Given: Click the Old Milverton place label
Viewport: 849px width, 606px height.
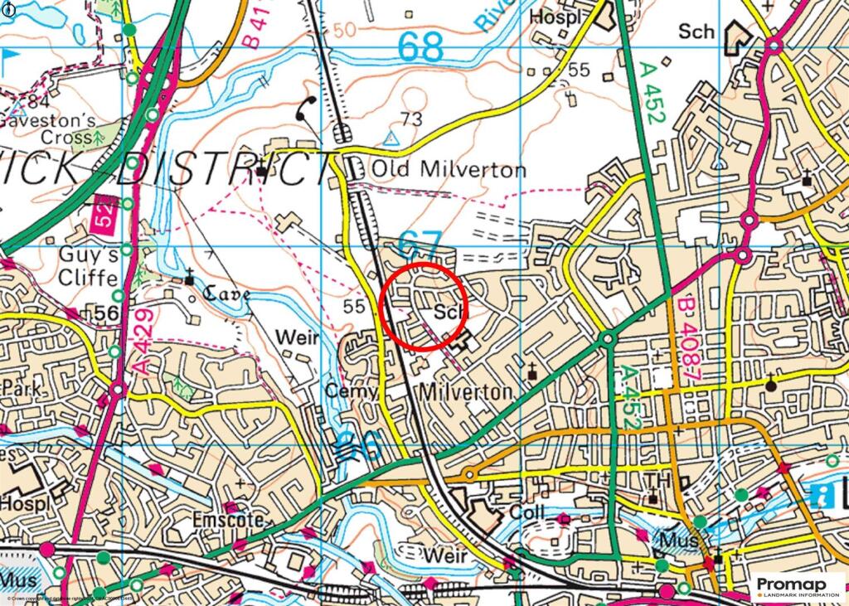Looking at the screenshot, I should tap(448, 170).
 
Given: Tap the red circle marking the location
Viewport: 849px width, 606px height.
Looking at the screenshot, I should tap(424, 306).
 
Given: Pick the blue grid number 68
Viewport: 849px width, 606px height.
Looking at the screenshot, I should tap(420, 47).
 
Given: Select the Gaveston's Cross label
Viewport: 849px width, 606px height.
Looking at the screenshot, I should tap(39, 128).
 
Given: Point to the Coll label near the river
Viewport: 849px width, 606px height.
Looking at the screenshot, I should tap(527, 513).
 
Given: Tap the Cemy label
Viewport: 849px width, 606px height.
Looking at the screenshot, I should tap(352, 391).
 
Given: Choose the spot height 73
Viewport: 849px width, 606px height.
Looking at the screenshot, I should tap(411, 118).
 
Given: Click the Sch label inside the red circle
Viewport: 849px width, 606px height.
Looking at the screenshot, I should tap(447, 313).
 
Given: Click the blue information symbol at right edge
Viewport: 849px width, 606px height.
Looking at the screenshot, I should tap(824, 495).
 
